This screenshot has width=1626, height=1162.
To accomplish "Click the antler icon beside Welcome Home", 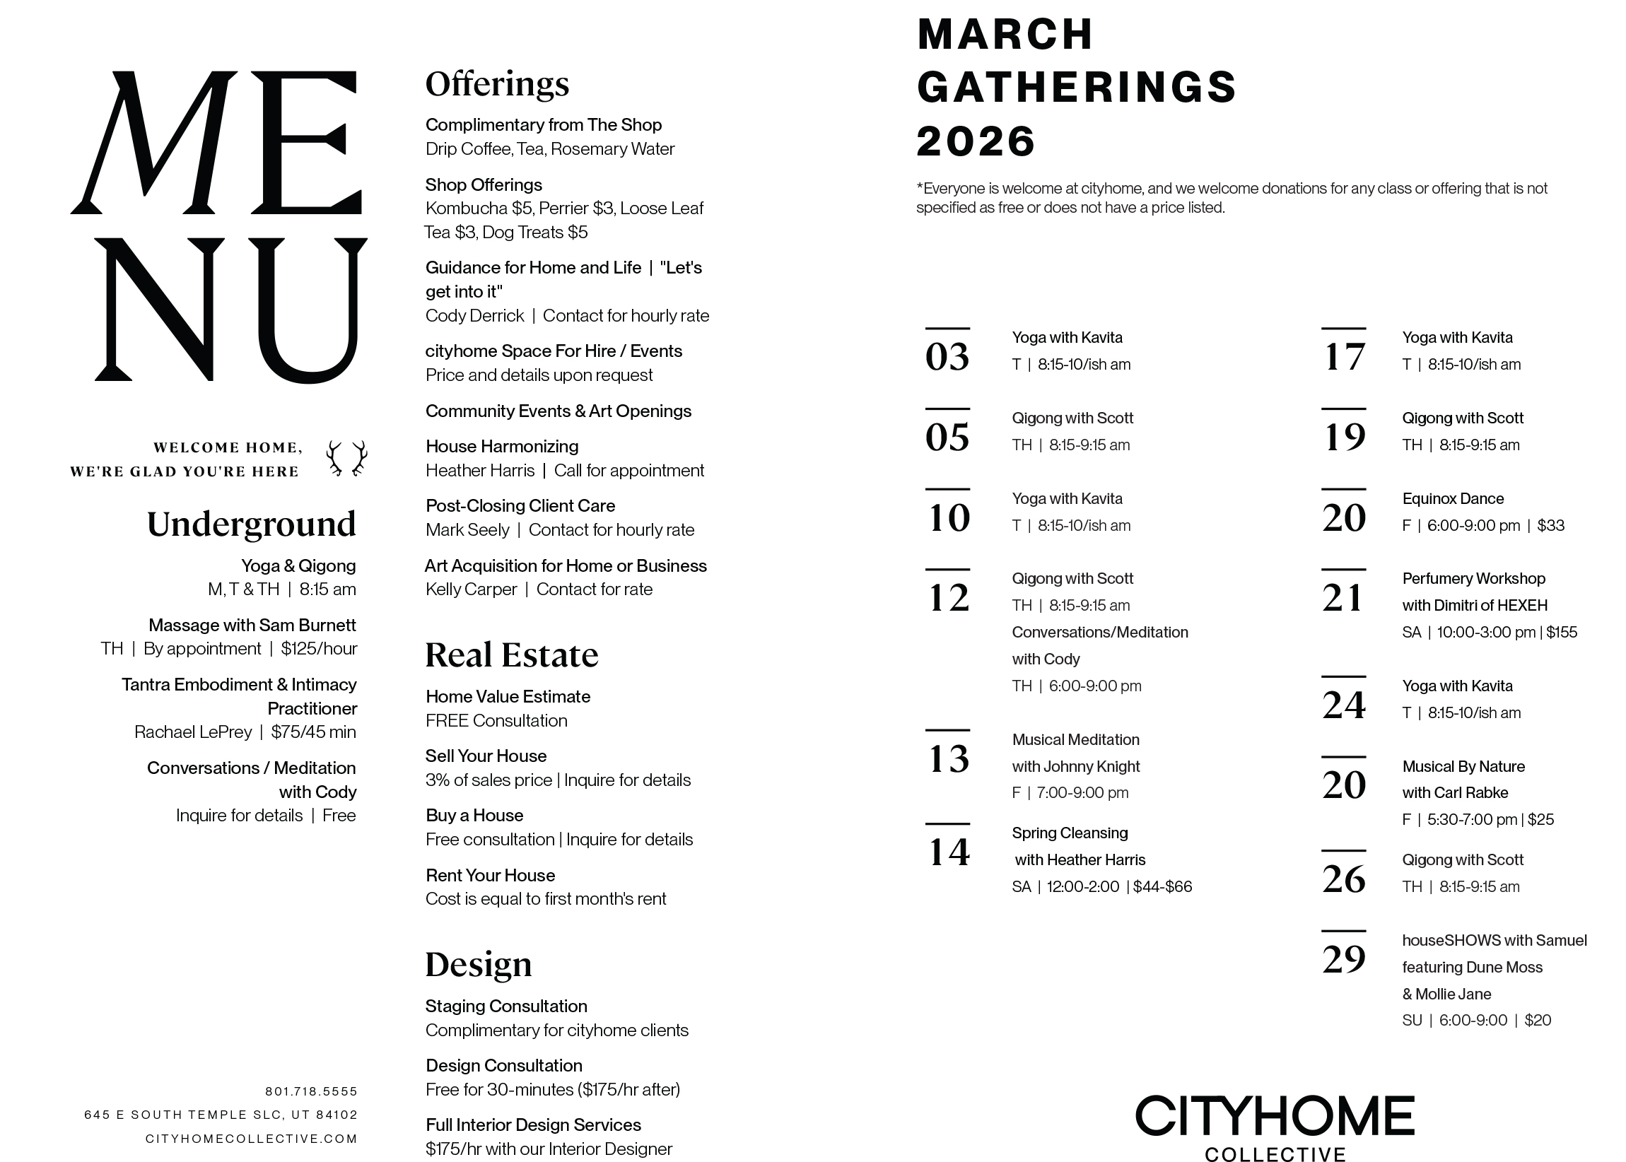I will [347, 458].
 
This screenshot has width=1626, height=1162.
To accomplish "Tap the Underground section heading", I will [251, 524].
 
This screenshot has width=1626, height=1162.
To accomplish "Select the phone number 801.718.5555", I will [310, 1091].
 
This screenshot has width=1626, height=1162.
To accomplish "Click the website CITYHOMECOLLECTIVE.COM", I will [251, 1139].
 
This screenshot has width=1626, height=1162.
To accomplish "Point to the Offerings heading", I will [497, 83].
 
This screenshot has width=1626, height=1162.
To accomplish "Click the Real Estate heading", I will [511, 655].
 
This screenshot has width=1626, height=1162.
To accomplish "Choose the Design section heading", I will [478, 964].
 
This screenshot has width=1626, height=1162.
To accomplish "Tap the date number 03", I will [947, 356].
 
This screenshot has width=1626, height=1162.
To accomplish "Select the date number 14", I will [948, 852].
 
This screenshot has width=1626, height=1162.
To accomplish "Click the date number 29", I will [1343, 959].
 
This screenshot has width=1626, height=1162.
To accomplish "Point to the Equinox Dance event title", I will [1453, 499].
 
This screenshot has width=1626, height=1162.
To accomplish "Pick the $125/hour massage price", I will [318, 649].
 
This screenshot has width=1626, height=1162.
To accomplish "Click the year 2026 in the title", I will [976, 141].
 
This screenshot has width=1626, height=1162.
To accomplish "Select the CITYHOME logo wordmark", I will [1275, 1115].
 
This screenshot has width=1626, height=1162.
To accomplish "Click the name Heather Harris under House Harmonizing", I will [479, 471].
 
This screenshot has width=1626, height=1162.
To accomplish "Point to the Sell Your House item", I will [485, 756].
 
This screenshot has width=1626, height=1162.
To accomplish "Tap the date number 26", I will [1343, 879].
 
